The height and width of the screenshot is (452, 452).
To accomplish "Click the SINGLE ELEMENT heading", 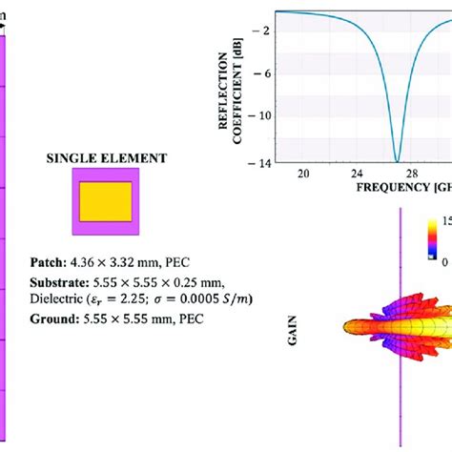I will (x=106, y=158).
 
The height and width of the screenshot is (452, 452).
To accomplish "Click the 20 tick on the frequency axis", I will (x=303, y=175).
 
